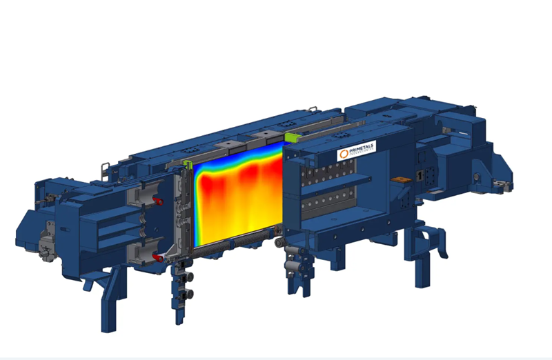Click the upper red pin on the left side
pos(157,201)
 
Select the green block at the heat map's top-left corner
pos(188,164)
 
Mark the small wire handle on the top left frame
pos(106,166)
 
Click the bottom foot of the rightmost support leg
pos(422,279)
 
